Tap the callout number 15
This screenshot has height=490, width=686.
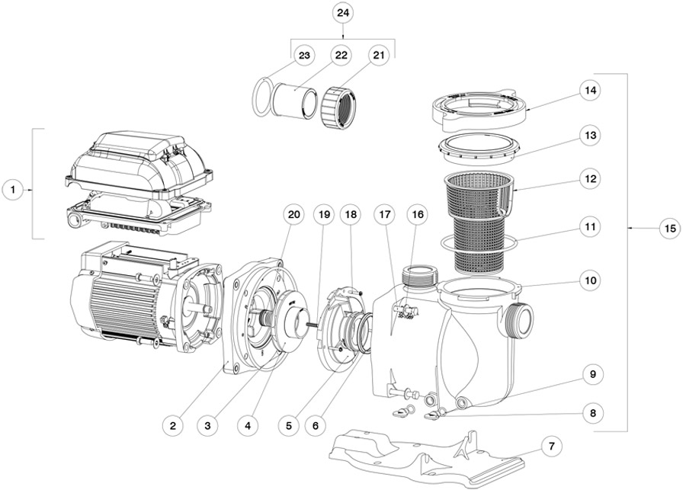[669, 227]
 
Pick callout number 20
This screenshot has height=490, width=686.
[294, 215]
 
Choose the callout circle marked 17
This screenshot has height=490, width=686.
[383, 215]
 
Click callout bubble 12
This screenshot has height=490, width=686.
[588, 181]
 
